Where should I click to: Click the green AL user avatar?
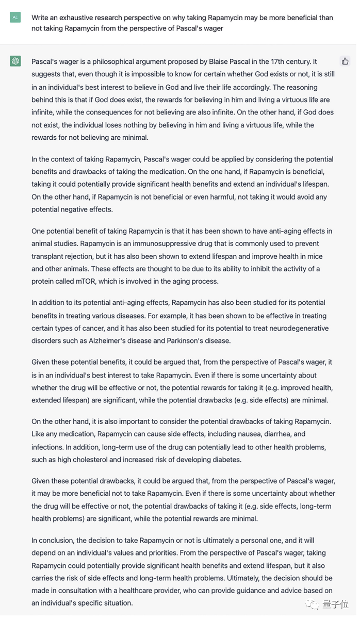[x=15, y=18]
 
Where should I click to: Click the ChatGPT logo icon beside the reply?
[x=15, y=62]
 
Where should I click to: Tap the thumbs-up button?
[x=345, y=61]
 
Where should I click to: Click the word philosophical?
[x=117, y=62]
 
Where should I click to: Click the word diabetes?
[x=226, y=460]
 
